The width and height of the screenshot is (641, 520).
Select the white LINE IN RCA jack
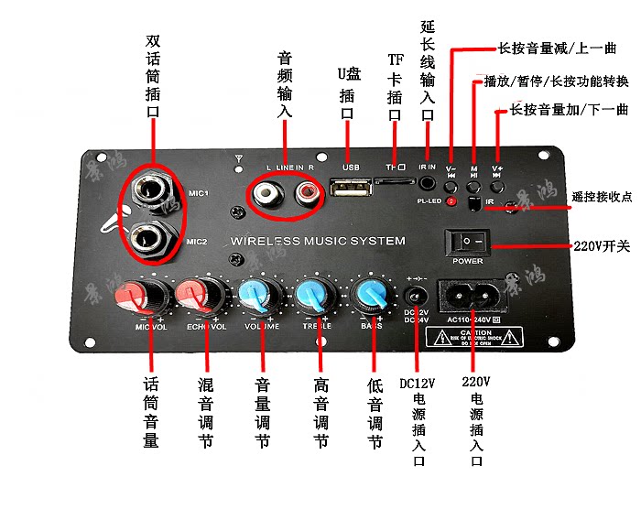[269, 193]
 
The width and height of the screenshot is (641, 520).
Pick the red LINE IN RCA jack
[302, 193]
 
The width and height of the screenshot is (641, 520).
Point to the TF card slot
[394, 182]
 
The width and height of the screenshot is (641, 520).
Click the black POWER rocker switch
[467, 242]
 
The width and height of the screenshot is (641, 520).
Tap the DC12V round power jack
[416, 297]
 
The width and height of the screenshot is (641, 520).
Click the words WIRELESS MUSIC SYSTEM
[318, 242]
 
